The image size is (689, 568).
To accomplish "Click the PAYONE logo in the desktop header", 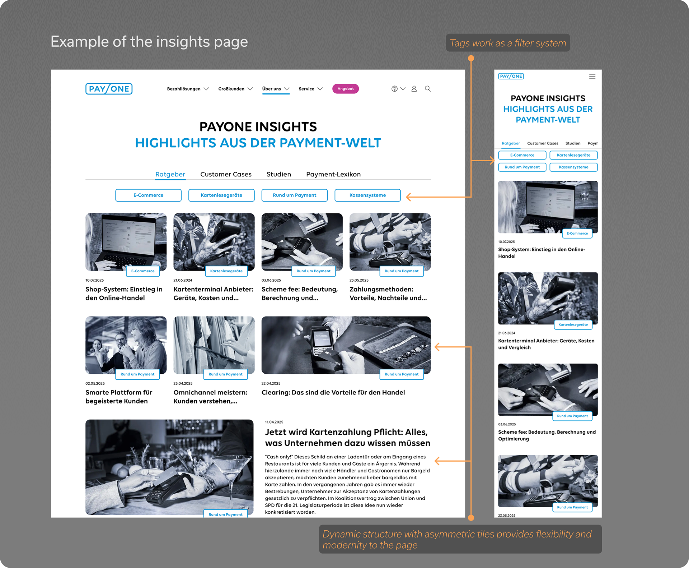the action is [x=109, y=89].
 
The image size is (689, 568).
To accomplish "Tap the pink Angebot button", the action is [x=346, y=89].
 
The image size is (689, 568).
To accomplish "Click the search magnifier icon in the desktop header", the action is [x=428, y=89].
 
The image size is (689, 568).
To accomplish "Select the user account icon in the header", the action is [x=414, y=89].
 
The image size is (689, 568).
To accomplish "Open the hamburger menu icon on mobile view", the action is [x=592, y=77].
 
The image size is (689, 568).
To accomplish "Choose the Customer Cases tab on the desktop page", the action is [x=226, y=174].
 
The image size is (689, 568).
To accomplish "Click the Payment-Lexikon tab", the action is [x=333, y=174].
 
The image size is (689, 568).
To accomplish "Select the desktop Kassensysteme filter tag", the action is [x=367, y=195].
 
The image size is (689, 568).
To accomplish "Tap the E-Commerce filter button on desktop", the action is [x=148, y=195].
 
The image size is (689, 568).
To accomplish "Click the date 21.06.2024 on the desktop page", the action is [x=183, y=280].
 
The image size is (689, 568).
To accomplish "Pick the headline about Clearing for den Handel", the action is [x=333, y=392].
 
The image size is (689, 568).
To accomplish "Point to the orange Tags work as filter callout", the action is [x=508, y=43].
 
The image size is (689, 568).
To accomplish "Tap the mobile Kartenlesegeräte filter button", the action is [x=573, y=155].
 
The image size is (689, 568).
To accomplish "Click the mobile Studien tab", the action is [x=573, y=143].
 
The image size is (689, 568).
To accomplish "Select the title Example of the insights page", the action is [x=149, y=42].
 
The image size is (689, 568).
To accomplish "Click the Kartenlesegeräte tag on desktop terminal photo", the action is [x=226, y=271].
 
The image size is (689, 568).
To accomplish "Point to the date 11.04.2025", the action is [x=274, y=422].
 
